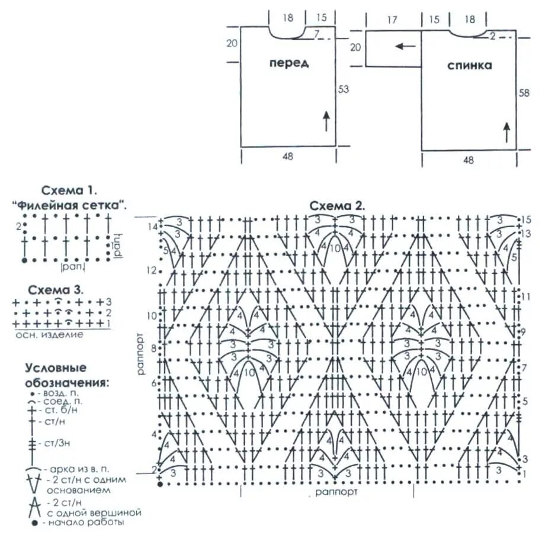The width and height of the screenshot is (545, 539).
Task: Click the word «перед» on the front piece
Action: point(289,63)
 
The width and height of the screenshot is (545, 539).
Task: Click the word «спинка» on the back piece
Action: point(469,66)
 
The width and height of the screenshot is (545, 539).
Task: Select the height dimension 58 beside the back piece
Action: point(524,93)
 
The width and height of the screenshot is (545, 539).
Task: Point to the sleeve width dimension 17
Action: point(392,20)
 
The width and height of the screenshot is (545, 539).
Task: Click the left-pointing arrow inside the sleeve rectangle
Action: point(405,46)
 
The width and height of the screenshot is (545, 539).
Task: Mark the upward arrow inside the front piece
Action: point(326,122)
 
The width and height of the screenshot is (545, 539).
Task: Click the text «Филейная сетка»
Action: point(69,204)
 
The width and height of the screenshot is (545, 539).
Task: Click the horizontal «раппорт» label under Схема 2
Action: point(335,492)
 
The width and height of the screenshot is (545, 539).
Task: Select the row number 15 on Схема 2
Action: point(524,220)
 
